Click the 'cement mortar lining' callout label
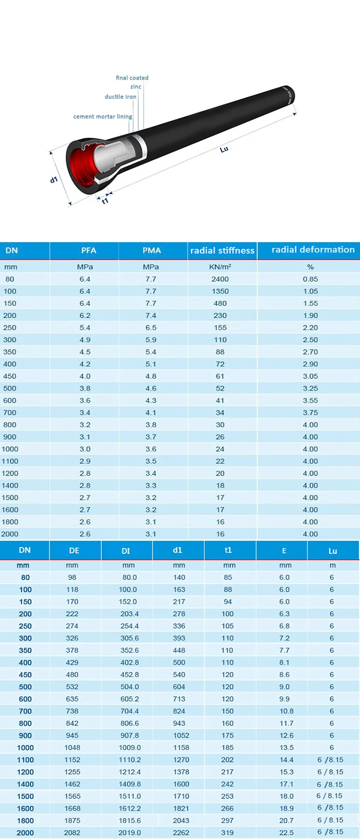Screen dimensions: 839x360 pos(102,117)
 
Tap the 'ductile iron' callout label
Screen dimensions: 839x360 pos(120,97)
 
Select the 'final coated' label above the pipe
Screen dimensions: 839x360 pos(132,78)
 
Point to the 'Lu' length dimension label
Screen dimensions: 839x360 pos(224,150)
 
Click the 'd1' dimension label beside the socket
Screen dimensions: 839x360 pos(53,180)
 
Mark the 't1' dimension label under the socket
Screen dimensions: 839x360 pos(105,201)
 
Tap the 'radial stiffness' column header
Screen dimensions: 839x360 pos(222,250)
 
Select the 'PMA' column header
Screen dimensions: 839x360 pos(152,250)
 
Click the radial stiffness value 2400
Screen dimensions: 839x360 pos(220,279)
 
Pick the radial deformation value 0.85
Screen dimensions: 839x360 pos(310,279)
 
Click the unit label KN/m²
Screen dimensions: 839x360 pos(220,267)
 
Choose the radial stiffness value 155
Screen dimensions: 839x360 pos(220,327)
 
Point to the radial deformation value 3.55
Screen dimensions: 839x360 pos(310,400)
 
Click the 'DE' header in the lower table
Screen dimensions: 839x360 pos(74,551)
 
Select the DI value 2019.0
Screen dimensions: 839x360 pos(130,833)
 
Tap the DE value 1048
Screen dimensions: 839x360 pos(72,747)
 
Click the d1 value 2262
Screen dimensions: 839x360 pos(181,833)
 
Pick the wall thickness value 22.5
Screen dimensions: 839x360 pos(286,833)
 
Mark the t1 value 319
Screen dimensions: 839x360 pos(227,833)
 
